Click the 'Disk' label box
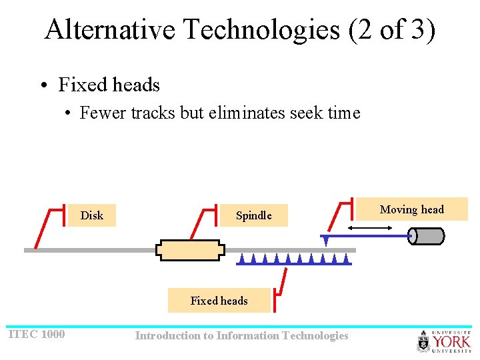point(92,215)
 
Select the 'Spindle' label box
point(253,215)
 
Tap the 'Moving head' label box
point(411,209)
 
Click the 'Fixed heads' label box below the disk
point(219,301)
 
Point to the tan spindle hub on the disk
point(190,250)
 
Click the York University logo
point(444,341)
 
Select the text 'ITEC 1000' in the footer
point(37,334)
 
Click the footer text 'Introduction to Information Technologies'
point(241,335)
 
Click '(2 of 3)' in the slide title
point(392,30)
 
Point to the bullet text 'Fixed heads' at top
point(109,85)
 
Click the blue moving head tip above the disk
point(326,241)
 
